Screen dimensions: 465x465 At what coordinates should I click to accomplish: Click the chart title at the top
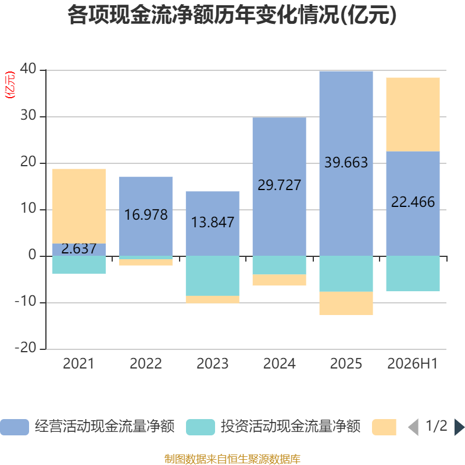coord(232,15)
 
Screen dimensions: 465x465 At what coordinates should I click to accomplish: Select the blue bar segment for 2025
coord(346,164)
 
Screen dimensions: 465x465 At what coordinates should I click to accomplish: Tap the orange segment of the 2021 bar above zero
coord(79,206)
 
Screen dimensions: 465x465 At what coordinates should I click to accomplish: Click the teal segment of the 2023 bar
coord(213,276)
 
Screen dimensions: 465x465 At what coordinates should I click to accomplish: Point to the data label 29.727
coord(280,185)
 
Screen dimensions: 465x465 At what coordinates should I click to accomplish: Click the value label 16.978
coord(146,214)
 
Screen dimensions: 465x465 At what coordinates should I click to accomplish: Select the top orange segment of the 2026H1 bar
coord(413,115)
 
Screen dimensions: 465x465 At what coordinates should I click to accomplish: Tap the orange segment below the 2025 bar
coord(346,303)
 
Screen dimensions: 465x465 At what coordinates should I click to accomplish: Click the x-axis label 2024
coord(280,364)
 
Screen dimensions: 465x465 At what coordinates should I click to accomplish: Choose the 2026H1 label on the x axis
coord(413,364)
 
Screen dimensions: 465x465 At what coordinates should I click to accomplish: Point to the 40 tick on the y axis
coord(28,69)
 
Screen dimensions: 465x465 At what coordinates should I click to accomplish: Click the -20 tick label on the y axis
coord(26,347)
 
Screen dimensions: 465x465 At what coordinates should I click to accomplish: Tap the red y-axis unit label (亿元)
coord(10,85)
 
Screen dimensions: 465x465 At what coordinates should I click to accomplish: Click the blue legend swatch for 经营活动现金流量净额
coord(15,427)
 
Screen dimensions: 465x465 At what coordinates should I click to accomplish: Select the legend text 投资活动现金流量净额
coord(291,427)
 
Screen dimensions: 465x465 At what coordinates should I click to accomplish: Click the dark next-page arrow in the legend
coord(459,427)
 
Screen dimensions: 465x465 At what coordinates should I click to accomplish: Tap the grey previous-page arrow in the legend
coord(413,427)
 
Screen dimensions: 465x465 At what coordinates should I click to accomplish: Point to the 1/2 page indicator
coord(437,426)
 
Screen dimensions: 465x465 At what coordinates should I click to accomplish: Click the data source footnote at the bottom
coord(233,459)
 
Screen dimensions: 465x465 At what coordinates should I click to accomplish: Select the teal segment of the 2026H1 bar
coord(413,273)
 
